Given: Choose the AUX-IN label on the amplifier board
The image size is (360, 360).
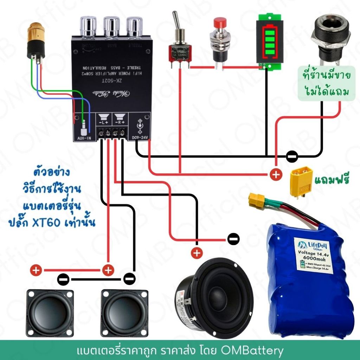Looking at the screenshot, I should coord(84,138).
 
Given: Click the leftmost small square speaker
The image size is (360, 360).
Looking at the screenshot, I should coord(50,313).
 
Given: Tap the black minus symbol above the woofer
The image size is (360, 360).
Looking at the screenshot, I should coord(233,239).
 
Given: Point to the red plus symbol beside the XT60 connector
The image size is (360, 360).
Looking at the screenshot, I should coord(276,175).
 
